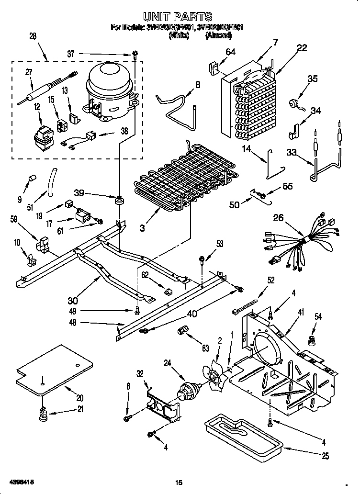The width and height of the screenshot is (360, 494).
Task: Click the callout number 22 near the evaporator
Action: pyautogui.click(x=302, y=47)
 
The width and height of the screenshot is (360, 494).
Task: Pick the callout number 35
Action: pyautogui.click(x=312, y=79)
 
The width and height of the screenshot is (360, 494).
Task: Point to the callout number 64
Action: pyautogui.click(x=230, y=52)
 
